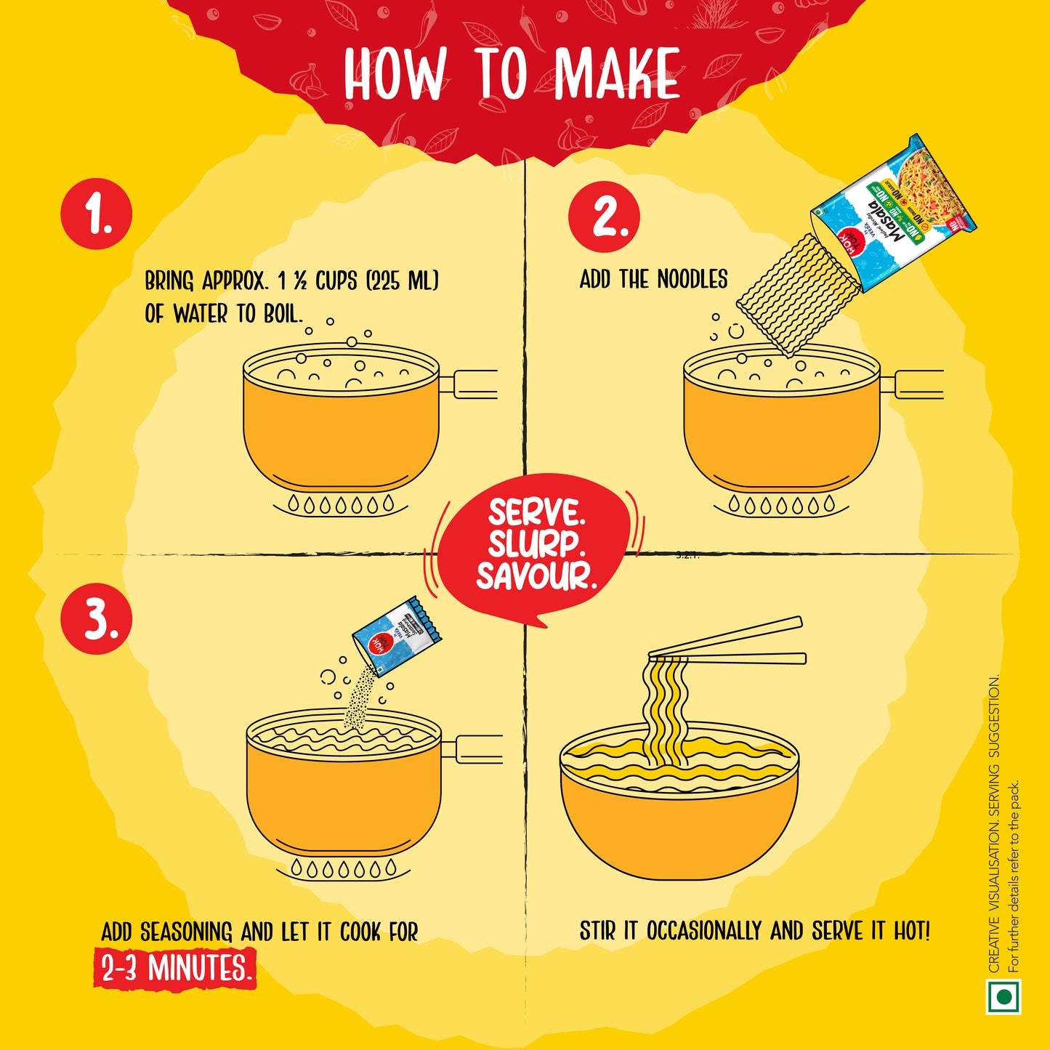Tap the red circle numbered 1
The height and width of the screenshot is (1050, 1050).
[x=97, y=214]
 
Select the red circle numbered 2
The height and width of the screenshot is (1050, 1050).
[x=605, y=216]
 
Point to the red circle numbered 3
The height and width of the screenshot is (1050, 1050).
[x=97, y=619]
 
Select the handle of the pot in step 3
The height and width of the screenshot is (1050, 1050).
[x=472, y=749]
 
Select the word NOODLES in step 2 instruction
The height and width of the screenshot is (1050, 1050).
[x=692, y=279]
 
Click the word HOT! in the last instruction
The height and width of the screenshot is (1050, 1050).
[x=912, y=931]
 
